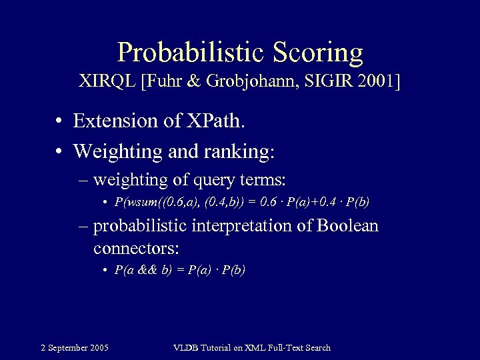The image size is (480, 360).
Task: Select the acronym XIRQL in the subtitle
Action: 108,83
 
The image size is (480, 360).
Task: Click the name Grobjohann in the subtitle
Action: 251,83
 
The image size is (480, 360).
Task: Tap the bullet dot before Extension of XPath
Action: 60,121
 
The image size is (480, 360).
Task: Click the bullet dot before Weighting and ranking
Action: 60,151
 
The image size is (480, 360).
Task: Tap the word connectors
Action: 136,248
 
